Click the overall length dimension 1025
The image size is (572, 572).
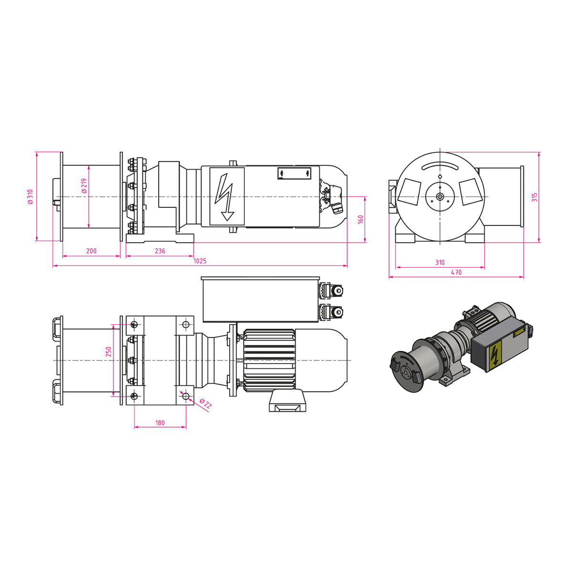click(x=200, y=261)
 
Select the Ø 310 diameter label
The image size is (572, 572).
click(x=31, y=196)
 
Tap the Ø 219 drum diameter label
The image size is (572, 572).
click(x=84, y=186)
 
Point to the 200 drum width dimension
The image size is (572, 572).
click(x=92, y=251)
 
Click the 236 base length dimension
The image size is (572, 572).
click(x=160, y=251)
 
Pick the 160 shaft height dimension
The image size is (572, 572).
click(x=360, y=219)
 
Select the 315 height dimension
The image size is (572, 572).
click(x=534, y=197)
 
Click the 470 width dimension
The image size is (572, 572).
click(x=456, y=272)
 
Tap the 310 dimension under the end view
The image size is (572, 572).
click(x=440, y=262)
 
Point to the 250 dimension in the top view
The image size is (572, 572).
click(x=108, y=351)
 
